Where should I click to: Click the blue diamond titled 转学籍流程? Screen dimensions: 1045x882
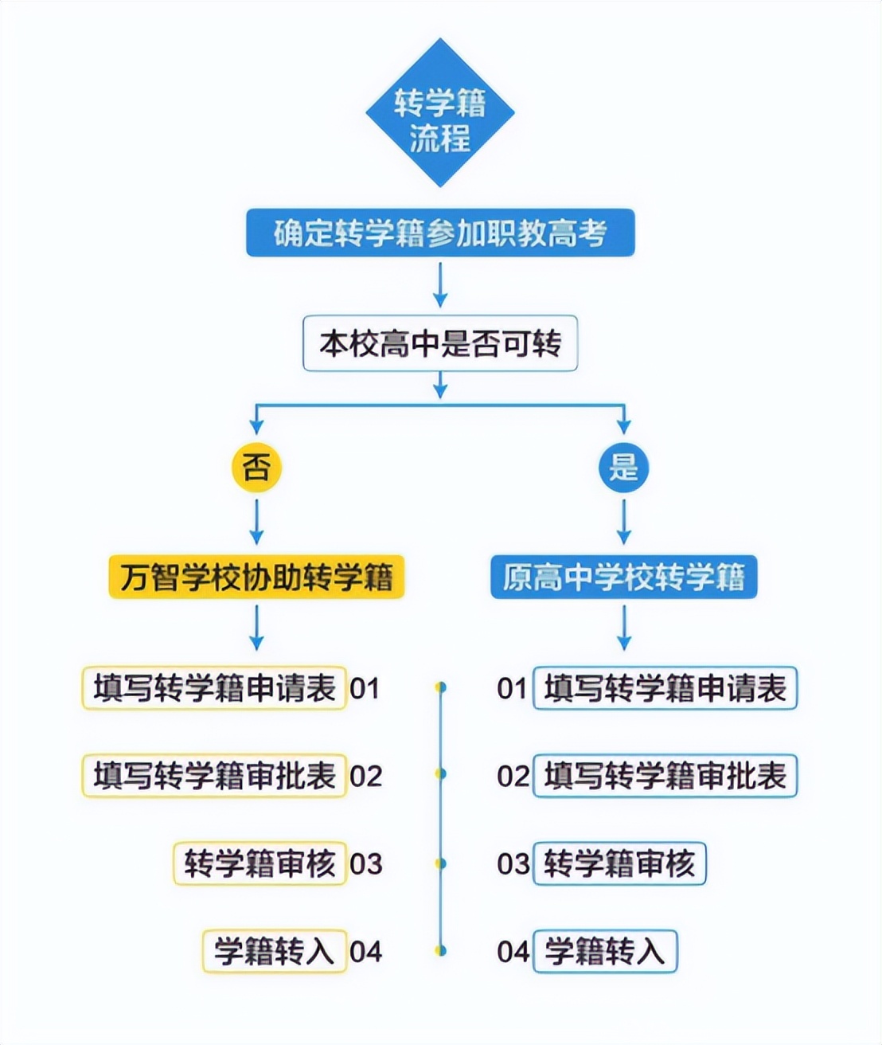(x=439, y=114)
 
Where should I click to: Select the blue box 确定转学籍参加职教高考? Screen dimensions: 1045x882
(x=440, y=233)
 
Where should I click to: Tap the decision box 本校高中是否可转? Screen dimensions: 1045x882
(x=440, y=344)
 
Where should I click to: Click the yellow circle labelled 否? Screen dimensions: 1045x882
(x=256, y=467)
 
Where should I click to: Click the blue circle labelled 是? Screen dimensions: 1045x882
(x=623, y=468)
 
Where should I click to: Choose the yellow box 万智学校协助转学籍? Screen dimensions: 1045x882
(x=256, y=577)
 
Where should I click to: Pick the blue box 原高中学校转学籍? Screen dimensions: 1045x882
(x=623, y=577)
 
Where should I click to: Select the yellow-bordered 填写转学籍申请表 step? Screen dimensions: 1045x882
(x=214, y=688)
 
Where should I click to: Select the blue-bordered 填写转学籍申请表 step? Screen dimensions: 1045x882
(x=665, y=688)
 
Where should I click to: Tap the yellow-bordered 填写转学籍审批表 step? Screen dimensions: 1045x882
(x=214, y=776)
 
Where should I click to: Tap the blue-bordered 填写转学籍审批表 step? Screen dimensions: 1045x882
(x=665, y=776)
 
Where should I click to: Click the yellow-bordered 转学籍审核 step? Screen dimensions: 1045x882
(x=260, y=863)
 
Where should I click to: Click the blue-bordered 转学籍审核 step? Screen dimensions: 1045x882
(x=619, y=863)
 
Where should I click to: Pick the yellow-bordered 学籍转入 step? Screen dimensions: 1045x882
(x=274, y=951)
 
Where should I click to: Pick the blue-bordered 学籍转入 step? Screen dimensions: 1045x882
(x=604, y=951)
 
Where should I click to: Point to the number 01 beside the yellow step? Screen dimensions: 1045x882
(x=365, y=688)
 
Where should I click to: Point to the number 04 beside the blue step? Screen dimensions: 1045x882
(x=513, y=951)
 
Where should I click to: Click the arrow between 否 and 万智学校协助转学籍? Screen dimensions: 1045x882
(x=256, y=522)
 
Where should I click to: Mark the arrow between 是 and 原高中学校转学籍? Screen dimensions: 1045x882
(x=623, y=522)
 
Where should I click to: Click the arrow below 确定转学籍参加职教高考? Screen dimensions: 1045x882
(x=440, y=285)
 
